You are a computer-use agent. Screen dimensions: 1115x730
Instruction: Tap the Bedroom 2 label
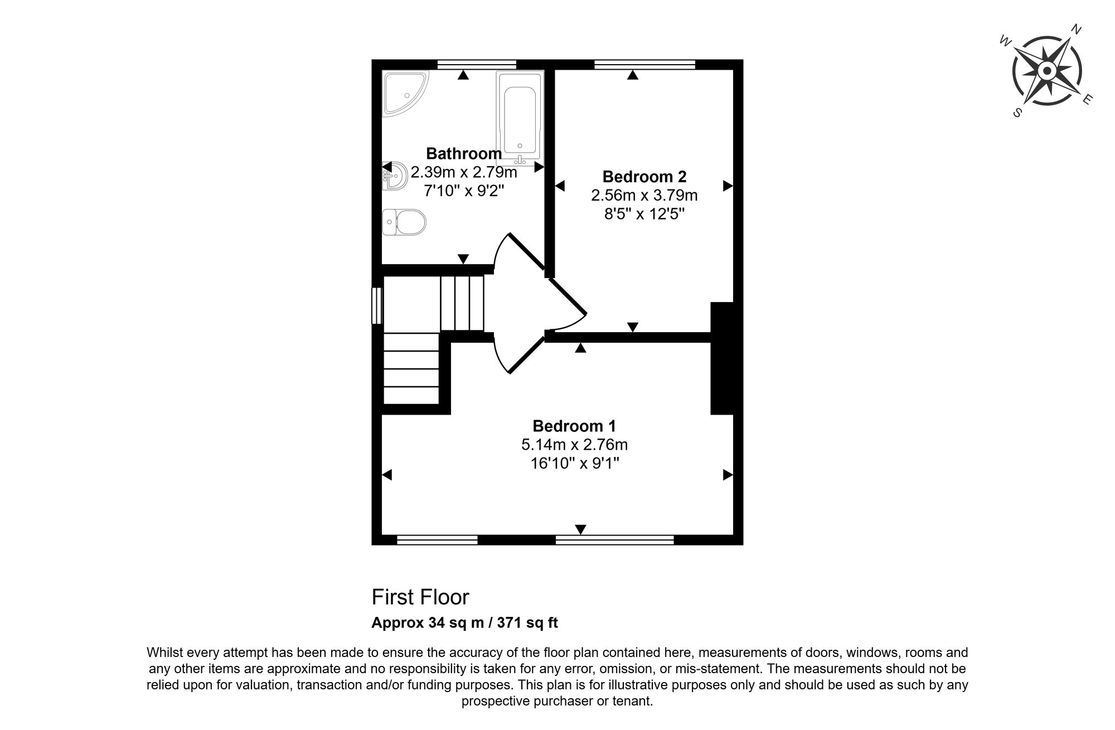tap(644, 177)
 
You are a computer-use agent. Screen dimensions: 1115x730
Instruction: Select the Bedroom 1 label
tap(574, 426)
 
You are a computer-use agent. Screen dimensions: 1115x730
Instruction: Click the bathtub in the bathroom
tap(520, 118)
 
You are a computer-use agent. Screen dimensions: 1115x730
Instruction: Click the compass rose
tap(1046, 71)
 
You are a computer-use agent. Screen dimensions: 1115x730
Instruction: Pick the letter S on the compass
tap(1017, 112)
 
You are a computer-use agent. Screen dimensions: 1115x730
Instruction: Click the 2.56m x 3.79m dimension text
tap(644, 196)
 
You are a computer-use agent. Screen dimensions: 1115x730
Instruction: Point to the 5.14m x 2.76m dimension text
tap(574, 445)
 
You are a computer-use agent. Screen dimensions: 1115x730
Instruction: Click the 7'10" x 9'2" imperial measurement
tap(464, 191)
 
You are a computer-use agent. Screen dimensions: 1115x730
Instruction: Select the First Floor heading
tap(420, 597)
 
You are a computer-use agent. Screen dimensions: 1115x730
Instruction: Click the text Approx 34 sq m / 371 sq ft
tap(464, 622)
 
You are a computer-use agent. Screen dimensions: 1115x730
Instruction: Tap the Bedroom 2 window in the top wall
tap(645, 65)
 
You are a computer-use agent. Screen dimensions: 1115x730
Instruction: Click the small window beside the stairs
tap(377, 305)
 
